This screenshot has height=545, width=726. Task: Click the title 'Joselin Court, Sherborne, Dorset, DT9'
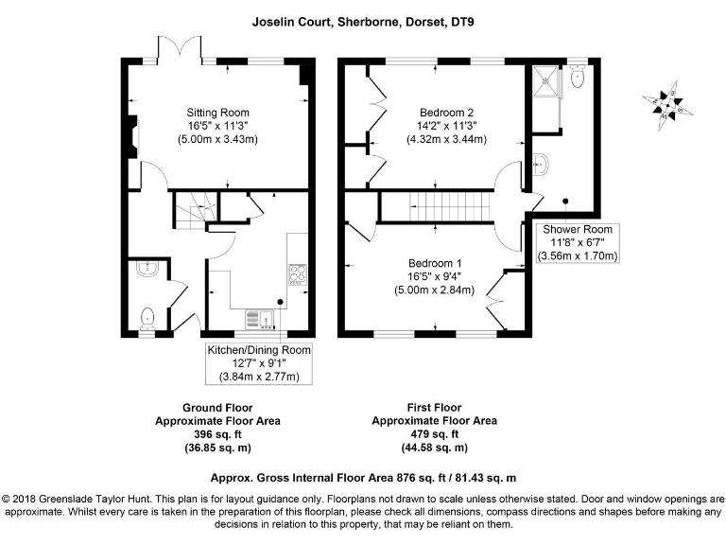pos(363,18)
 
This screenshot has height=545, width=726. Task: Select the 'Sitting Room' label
pos(217,113)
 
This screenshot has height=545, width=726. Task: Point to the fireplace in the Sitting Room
pos(133,138)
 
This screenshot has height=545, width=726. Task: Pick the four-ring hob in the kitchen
pos(299,275)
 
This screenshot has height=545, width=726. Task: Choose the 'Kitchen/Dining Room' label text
pos(258,350)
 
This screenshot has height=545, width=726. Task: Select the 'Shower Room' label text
pos(577,229)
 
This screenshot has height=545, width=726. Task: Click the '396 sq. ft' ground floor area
pos(217,433)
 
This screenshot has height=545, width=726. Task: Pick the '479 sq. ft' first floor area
pos(434,433)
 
